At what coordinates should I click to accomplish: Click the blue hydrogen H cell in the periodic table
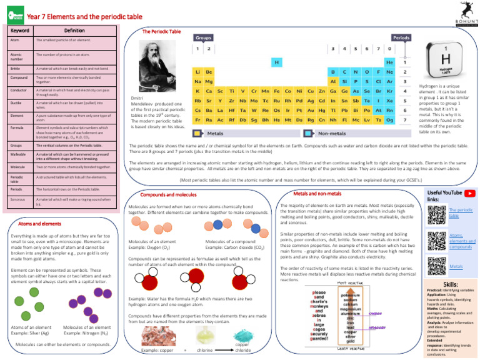(276, 62)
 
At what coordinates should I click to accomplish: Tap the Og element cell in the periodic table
(390, 120)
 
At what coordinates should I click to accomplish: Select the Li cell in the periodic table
(197, 72)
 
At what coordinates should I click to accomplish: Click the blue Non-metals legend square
(307, 133)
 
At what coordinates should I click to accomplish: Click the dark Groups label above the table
(206, 37)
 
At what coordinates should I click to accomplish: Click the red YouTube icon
(467, 194)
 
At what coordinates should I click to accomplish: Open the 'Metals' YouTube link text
(457, 266)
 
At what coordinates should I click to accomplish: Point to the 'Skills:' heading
(450, 284)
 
